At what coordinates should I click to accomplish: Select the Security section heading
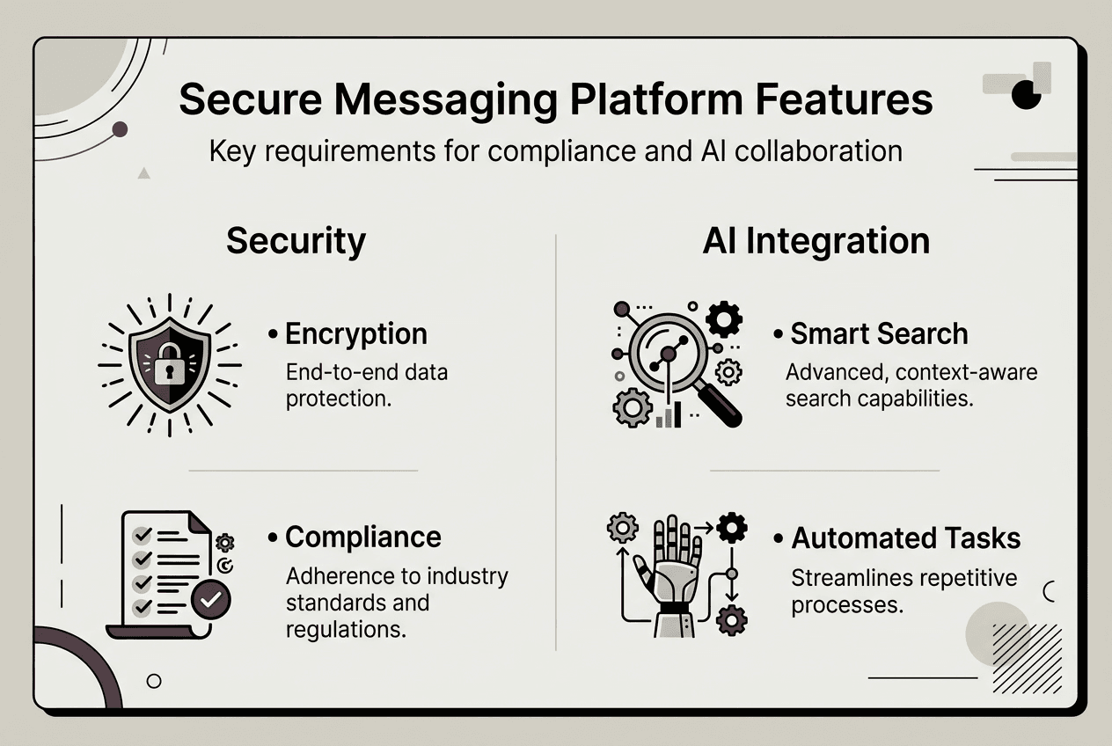296,241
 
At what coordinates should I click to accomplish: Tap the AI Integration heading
816,241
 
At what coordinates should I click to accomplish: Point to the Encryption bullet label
355,334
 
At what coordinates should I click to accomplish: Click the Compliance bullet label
362,537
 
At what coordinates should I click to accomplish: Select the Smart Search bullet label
878,334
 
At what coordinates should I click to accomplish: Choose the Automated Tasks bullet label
905,538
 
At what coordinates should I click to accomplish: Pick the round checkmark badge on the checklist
210,600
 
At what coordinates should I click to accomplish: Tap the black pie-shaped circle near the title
1027,93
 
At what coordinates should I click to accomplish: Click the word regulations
346,630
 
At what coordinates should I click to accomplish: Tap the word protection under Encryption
338,399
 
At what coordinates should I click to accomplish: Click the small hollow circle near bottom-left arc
154,680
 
